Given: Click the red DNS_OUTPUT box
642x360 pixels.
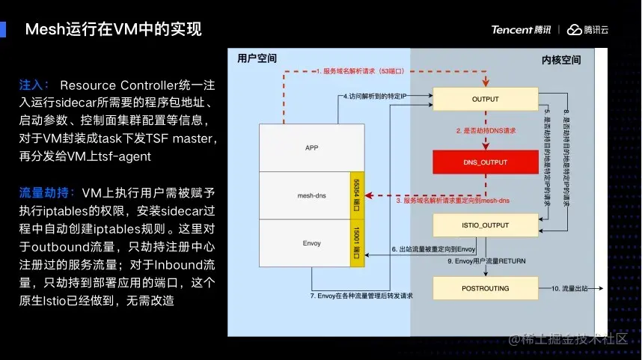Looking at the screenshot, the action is (x=485, y=162).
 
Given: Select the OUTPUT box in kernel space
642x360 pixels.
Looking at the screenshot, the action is (x=485, y=99).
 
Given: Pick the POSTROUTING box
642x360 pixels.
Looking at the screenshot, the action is (x=485, y=288).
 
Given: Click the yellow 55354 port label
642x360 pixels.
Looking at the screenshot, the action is (x=357, y=195).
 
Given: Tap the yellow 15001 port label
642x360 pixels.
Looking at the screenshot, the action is (x=357, y=243).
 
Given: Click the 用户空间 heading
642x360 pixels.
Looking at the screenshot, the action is (x=257, y=58).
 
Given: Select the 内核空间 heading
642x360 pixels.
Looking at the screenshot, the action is (x=560, y=59).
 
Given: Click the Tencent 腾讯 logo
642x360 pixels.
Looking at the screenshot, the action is (x=521, y=30).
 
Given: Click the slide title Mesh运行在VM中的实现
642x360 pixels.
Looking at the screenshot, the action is (x=113, y=30).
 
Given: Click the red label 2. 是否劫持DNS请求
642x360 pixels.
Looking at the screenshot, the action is (x=487, y=130).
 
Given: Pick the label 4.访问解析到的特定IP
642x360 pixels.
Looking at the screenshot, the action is (x=375, y=97).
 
